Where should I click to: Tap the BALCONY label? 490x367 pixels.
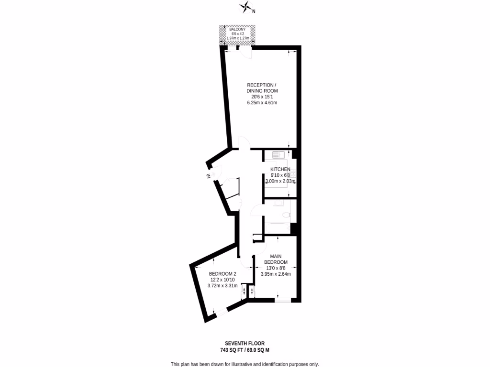(237, 29)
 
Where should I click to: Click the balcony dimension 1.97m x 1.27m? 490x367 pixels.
(237, 38)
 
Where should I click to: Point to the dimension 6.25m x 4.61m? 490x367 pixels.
(262, 103)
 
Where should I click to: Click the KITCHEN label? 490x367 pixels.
(280, 170)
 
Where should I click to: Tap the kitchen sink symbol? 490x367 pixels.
(278, 154)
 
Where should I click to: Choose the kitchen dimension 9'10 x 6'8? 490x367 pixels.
(280, 175)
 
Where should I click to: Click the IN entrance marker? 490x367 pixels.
(209, 176)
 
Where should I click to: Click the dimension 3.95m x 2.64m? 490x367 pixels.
(276, 274)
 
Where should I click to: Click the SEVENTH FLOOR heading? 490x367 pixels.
(245, 343)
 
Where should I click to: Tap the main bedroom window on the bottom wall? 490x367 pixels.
(283, 300)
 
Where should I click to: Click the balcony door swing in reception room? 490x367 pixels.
(246, 53)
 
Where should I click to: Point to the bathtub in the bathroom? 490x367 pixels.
(280, 227)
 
